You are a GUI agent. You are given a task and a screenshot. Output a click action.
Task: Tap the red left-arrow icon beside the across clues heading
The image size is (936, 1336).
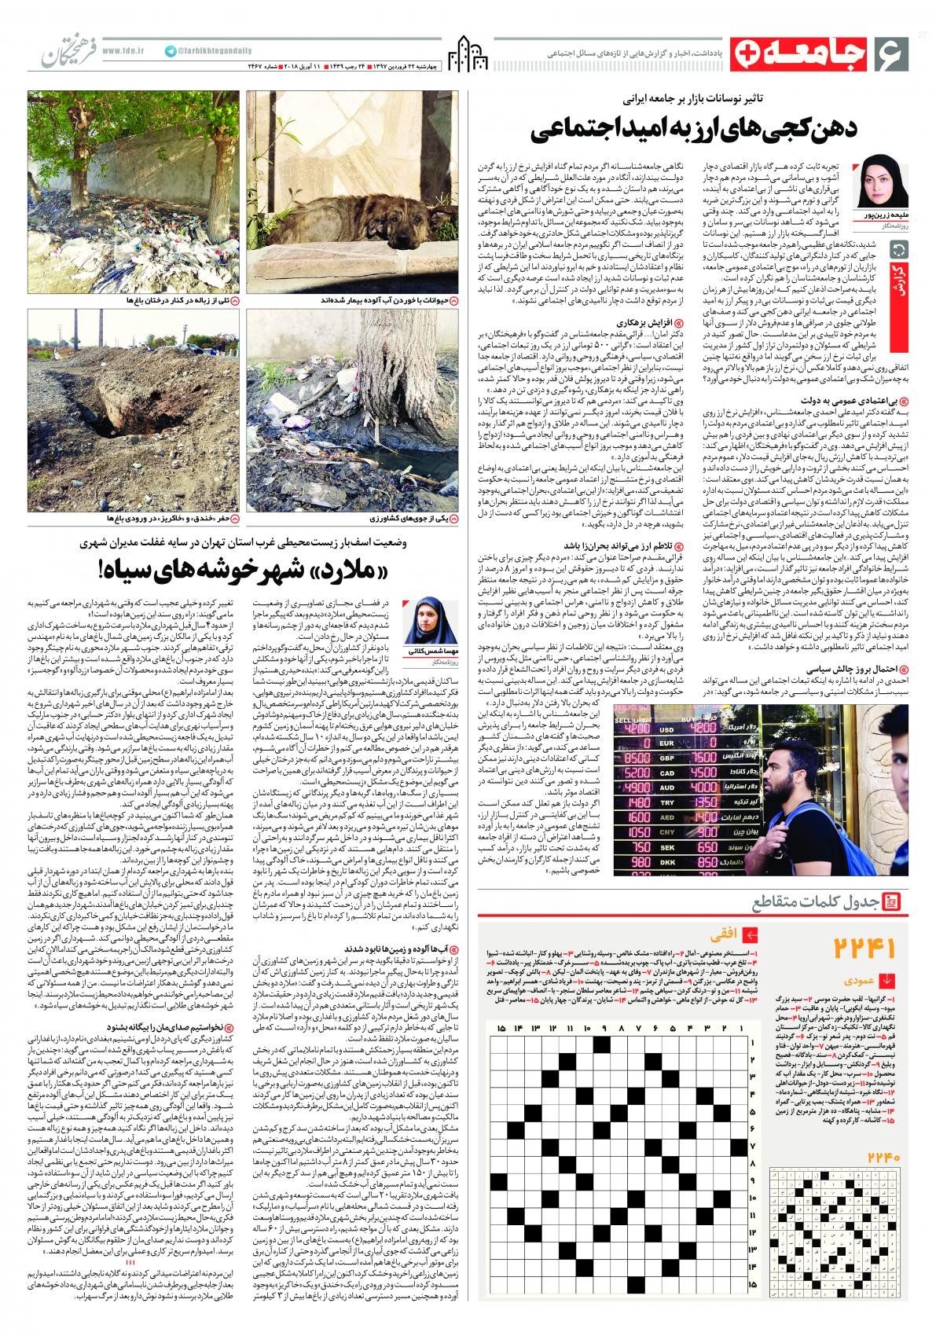pos(751,934)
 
